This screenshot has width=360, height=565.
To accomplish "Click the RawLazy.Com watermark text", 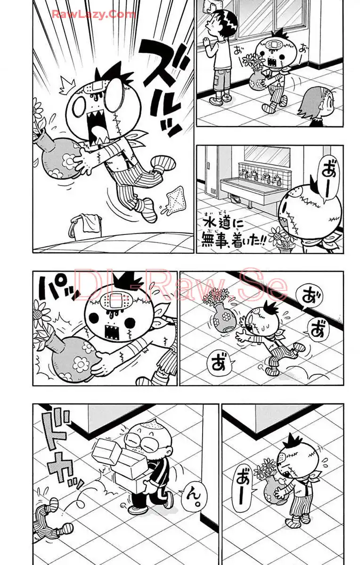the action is point(94,14).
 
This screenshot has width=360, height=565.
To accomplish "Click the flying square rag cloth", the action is point(176,197).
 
